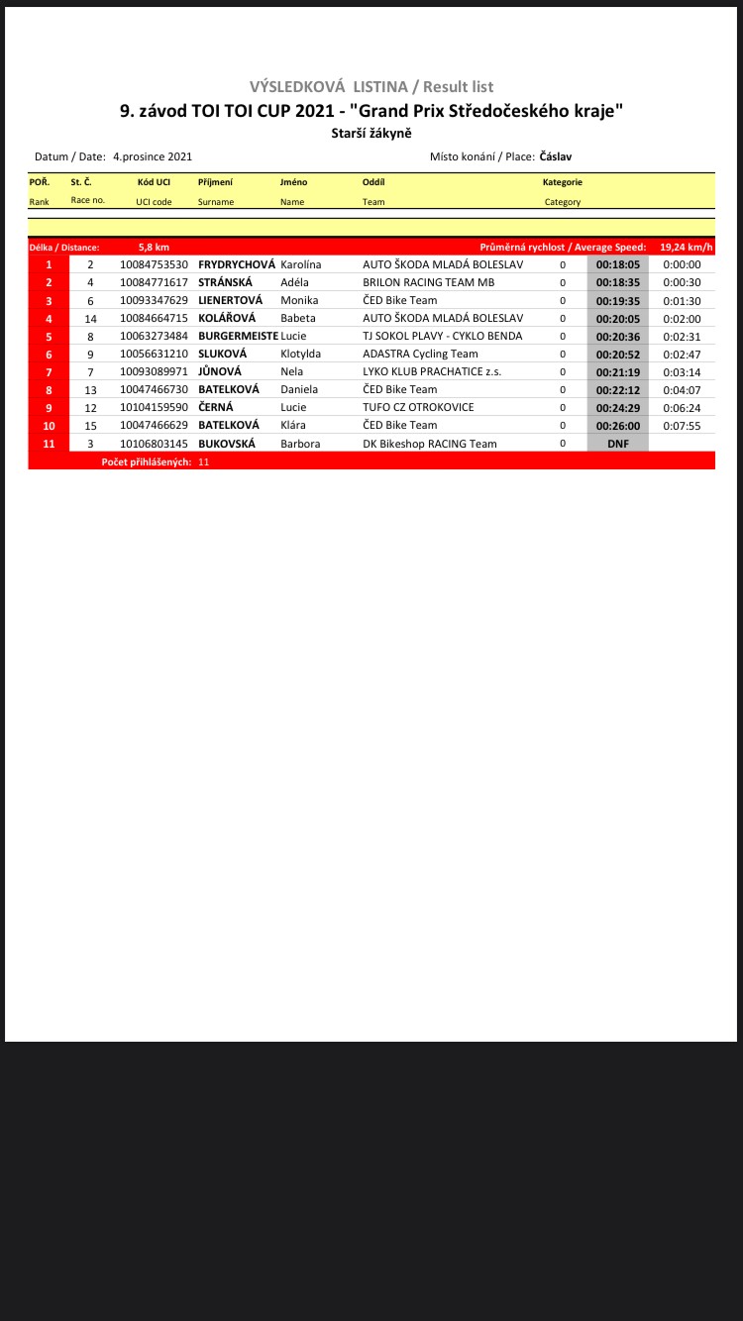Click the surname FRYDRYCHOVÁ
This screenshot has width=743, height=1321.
(x=236, y=264)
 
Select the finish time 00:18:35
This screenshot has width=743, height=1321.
(x=617, y=282)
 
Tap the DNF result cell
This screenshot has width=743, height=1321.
(x=617, y=444)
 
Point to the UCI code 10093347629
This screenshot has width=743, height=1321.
(x=154, y=300)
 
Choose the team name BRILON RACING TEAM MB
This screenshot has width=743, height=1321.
(x=428, y=282)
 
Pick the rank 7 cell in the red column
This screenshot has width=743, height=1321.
(x=49, y=371)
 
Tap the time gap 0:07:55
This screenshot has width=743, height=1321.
(x=682, y=425)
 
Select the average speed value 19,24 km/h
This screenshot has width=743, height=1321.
(x=687, y=247)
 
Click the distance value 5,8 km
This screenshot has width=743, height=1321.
(x=154, y=247)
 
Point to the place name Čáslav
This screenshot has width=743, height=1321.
(x=556, y=156)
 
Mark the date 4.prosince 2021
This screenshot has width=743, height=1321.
(x=153, y=156)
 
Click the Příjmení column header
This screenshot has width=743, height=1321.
(x=215, y=182)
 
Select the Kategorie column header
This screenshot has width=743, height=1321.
(x=562, y=182)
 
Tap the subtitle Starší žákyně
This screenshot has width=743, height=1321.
(x=371, y=133)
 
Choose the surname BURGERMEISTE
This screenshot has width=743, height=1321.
(x=238, y=336)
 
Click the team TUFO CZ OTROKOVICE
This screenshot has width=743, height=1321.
(x=418, y=407)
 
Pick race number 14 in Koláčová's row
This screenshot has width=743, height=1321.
(x=90, y=318)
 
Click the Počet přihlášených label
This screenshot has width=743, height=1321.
(x=147, y=461)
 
